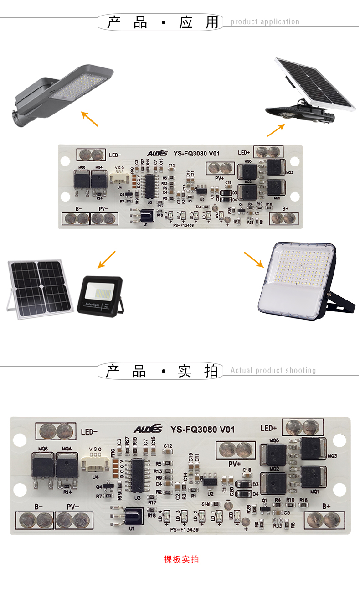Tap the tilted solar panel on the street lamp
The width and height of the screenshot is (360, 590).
tap(317, 84)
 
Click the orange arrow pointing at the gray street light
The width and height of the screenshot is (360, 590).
tap(90, 119)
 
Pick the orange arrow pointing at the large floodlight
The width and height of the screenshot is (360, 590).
tap(254, 259)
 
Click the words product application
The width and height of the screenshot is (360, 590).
tap(265, 22)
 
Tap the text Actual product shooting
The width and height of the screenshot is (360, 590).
tap(273, 371)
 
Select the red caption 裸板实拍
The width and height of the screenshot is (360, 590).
tap(181, 559)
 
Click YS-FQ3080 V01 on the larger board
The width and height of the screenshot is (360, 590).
tap(202, 430)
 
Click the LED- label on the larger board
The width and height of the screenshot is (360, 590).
tap(89, 431)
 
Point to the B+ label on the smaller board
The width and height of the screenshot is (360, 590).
tap(286, 208)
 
